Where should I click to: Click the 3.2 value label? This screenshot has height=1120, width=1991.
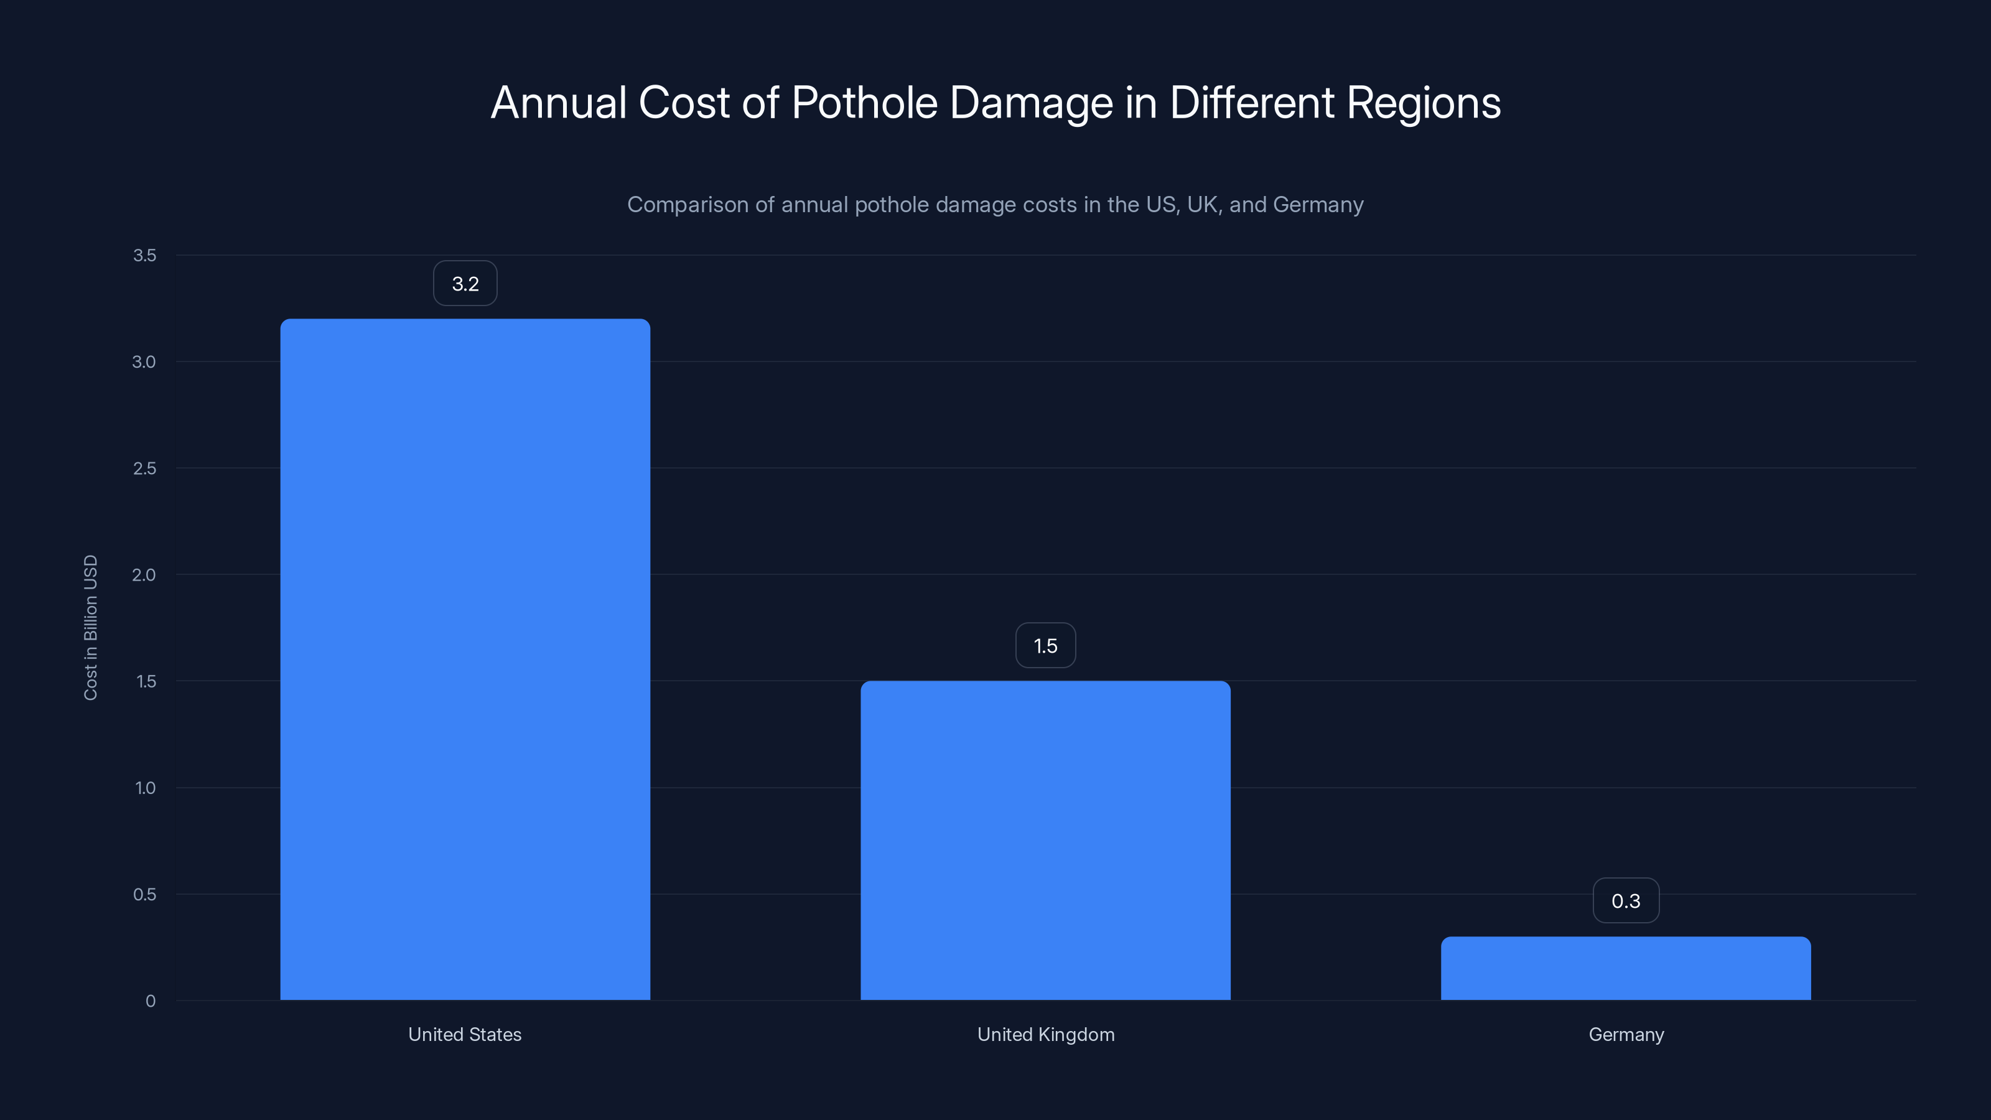coord(465,284)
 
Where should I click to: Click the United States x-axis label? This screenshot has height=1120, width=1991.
coord(465,1034)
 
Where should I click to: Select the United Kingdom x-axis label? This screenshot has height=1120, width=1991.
coord(1045,1034)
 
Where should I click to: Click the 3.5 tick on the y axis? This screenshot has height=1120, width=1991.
coord(144,255)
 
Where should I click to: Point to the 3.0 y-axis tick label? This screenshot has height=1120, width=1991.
coord(144,362)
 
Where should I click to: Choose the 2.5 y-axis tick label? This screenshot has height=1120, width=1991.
coord(144,469)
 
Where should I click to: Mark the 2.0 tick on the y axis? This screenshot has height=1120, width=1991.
coord(144,574)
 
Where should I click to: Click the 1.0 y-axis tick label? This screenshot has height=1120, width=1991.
coord(146,788)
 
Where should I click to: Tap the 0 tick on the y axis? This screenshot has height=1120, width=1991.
coord(151,1001)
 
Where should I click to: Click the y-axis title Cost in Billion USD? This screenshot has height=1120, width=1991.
coord(90,628)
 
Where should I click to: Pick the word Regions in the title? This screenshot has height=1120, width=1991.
coord(1423,103)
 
